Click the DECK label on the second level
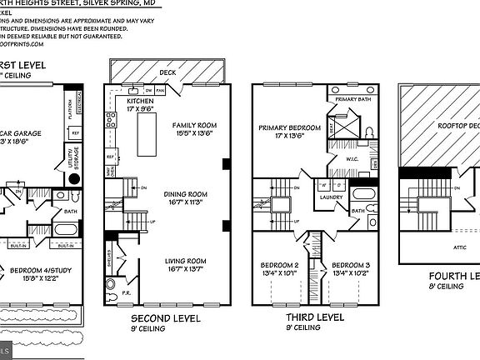point(167,72)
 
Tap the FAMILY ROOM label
point(189,125)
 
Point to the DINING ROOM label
point(184,194)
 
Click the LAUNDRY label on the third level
point(331,198)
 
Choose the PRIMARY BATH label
point(351,99)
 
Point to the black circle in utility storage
point(73,177)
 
